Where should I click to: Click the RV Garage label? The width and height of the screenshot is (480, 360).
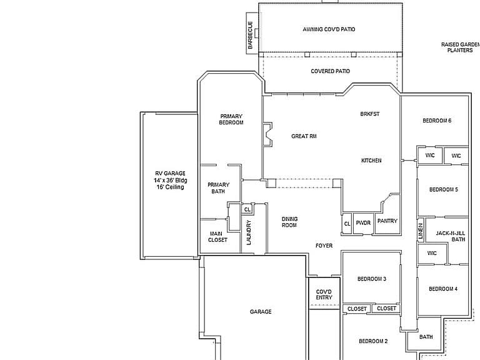pos(170,180)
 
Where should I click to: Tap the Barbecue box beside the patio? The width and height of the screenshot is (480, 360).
pos(252,33)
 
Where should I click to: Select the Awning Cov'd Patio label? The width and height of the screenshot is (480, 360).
pos(329,29)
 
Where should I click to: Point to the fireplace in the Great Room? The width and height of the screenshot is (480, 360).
pos(267,135)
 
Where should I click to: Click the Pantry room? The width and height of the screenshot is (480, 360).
pos(387,221)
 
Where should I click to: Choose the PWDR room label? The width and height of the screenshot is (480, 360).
pos(363,223)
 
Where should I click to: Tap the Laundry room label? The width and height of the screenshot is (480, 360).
pos(249,232)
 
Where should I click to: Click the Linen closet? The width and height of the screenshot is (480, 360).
pos(421,230)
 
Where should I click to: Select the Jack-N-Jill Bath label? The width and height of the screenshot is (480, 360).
pos(451,236)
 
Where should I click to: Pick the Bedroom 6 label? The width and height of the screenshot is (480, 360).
pos(437,121)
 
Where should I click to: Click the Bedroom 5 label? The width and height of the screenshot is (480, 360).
pos(444,189)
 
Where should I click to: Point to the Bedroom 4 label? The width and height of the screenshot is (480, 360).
pos(443,289)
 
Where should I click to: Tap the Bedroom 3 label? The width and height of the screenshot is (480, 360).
pos(372,279)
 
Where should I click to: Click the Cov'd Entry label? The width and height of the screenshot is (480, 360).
pos(324,294)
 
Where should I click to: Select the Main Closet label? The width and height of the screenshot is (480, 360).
pos(217,237)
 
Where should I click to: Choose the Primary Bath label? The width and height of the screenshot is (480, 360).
pos(218,188)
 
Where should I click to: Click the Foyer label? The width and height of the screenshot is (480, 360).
pos(324,246)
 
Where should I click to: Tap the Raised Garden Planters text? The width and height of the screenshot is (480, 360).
pos(461,47)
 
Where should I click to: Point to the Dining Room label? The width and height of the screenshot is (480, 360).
pos(289,222)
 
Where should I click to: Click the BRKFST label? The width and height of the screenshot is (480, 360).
pos(370,114)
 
